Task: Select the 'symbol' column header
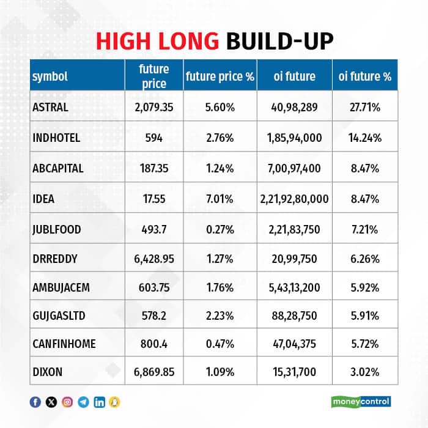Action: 50,76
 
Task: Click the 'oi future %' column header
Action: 364,76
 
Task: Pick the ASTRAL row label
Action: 50,107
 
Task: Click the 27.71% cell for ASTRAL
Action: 364,107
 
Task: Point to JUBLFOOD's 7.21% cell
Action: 364,229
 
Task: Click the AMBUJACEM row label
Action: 61,289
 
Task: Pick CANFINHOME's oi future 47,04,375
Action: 294,344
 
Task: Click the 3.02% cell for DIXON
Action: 364,371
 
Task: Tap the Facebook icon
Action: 35,402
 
